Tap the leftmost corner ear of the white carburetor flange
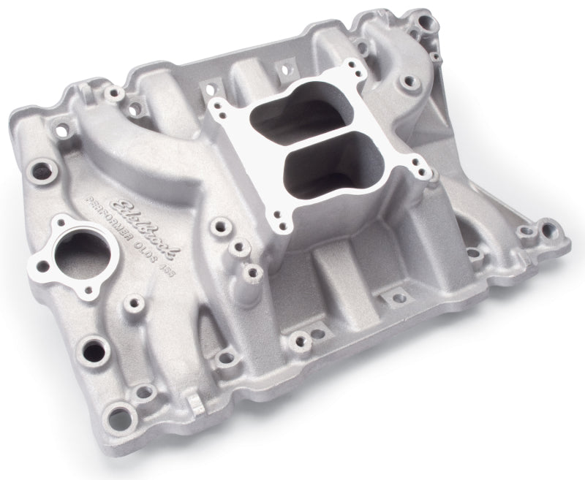click(217, 110)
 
